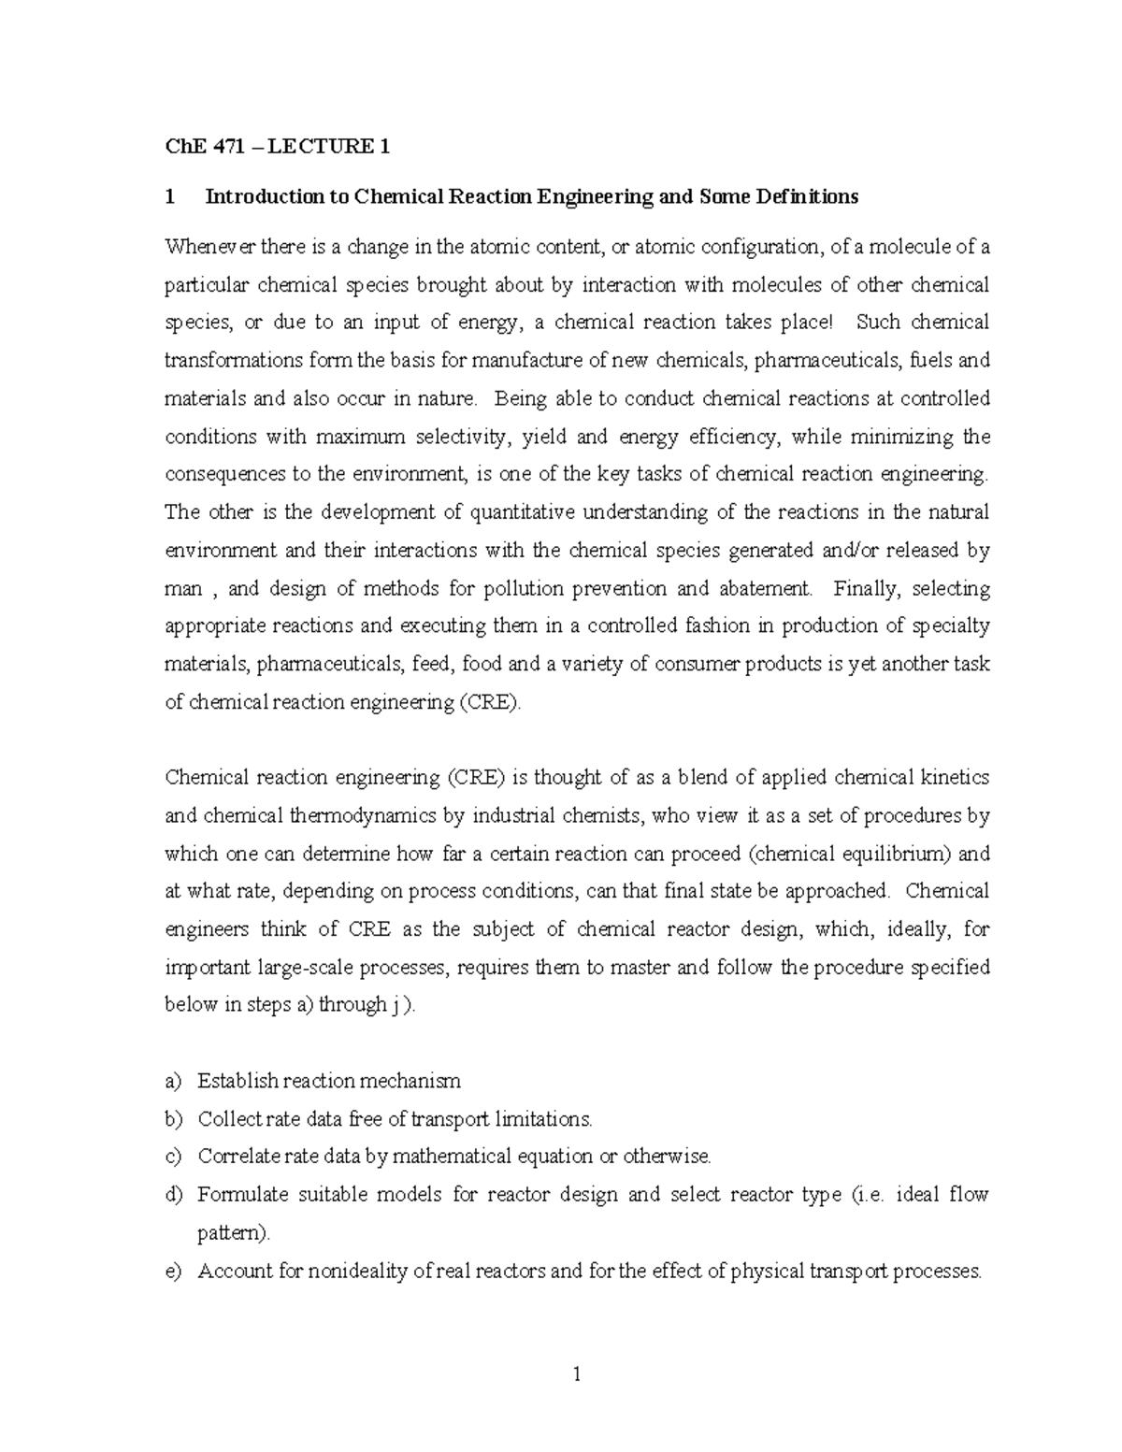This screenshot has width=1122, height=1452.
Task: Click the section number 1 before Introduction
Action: point(169,196)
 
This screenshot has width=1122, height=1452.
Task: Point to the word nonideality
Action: point(346,1272)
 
